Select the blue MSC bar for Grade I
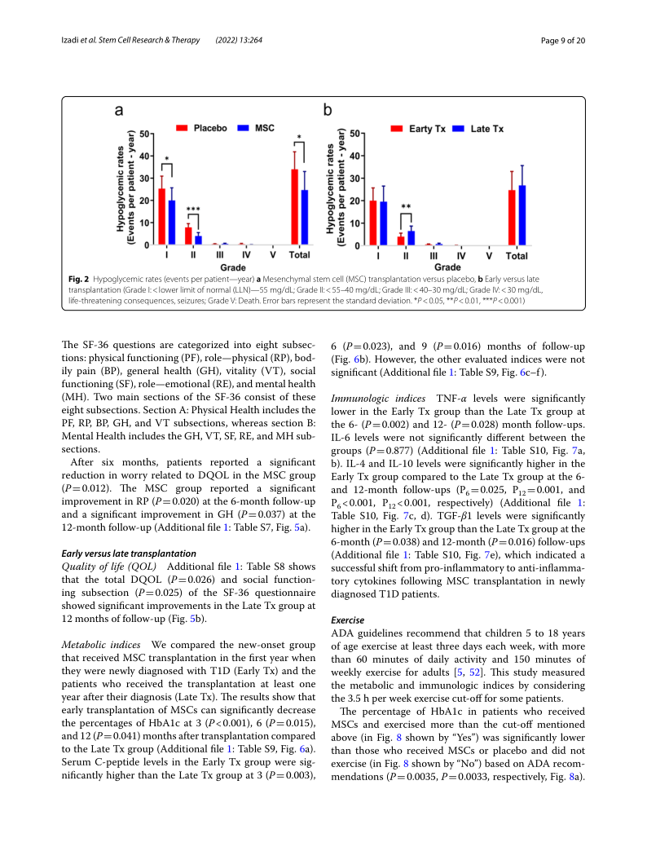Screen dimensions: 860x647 (x=171, y=223)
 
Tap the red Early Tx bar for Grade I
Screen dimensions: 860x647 (x=373, y=223)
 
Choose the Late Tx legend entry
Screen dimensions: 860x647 (x=480, y=129)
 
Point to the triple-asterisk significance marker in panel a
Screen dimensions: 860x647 (x=192, y=209)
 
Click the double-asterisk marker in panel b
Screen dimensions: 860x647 (x=406, y=208)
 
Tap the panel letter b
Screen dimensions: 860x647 (x=328, y=109)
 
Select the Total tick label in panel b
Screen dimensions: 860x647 (x=517, y=256)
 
